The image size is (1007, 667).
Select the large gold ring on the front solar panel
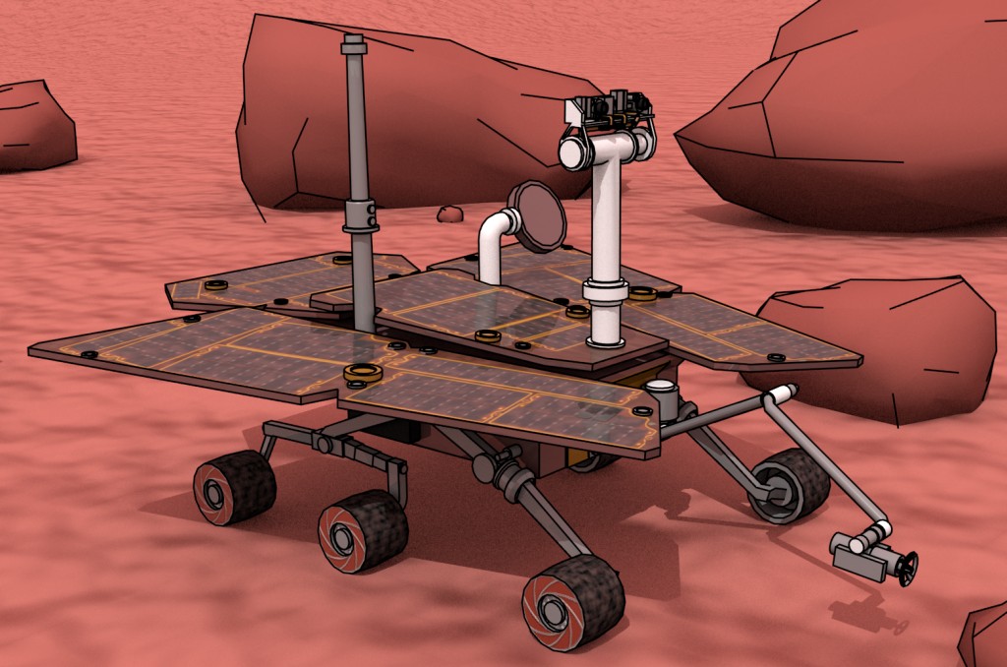click(363, 373)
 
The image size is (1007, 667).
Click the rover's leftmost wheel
click(233, 487)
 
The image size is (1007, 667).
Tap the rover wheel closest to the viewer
click(572, 602)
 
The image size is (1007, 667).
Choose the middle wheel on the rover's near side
click(362, 531)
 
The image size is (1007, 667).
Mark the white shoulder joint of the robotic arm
click(780, 395)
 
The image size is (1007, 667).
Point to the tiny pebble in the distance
click(450, 213)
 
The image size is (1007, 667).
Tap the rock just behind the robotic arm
click(885, 344)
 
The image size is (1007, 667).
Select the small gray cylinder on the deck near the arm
click(666, 398)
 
